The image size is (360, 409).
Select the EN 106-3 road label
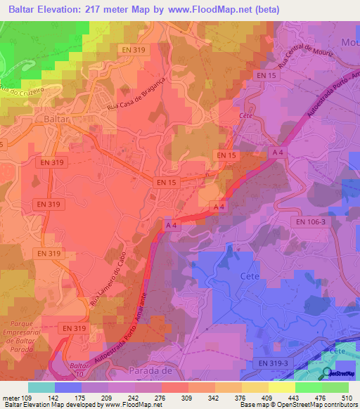click(x=309, y=221)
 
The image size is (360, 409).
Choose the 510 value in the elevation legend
click(x=344, y=397)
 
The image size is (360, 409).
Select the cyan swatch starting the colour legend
click(x=41, y=387)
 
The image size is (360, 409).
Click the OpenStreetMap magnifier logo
click(x=327, y=374)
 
